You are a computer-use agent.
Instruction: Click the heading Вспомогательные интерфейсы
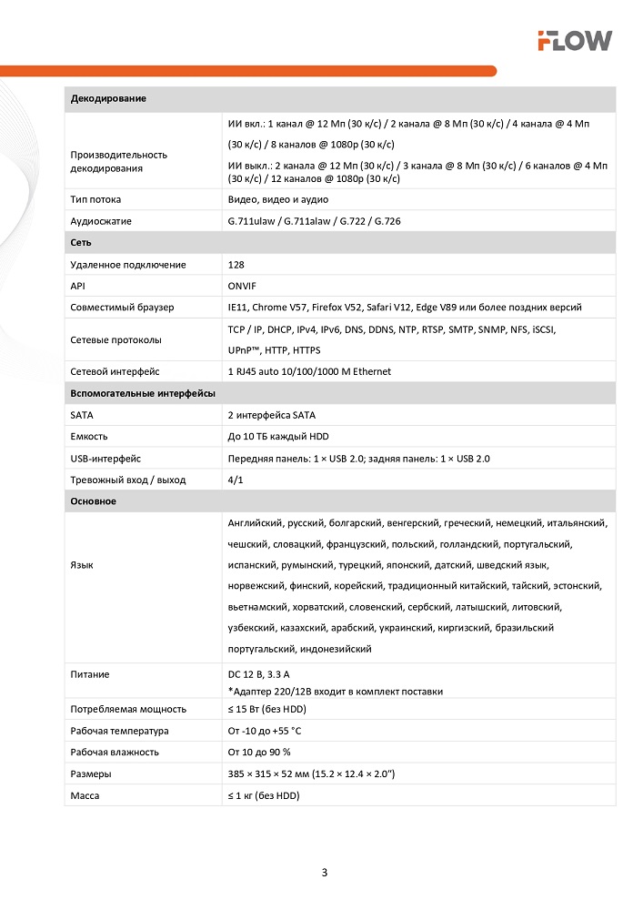tap(143, 393)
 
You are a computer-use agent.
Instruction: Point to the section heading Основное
tap(93, 501)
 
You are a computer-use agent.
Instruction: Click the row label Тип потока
tap(95, 199)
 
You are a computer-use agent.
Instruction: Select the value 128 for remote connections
tap(236, 265)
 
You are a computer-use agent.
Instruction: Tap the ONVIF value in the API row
tap(242, 286)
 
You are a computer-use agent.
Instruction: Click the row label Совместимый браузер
tap(122, 308)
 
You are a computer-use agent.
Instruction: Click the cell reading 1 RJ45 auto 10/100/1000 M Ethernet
tap(309, 371)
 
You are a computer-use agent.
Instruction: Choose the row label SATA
tap(82, 415)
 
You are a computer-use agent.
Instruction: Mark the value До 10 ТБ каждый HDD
tap(278, 437)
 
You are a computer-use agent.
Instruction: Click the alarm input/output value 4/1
tap(236, 480)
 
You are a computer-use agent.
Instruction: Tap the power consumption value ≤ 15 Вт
tap(267, 709)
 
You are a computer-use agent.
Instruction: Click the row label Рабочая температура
tap(119, 731)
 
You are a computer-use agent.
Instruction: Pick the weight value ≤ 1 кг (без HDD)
tap(264, 795)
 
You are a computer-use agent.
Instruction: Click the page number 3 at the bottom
tap(325, 873)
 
